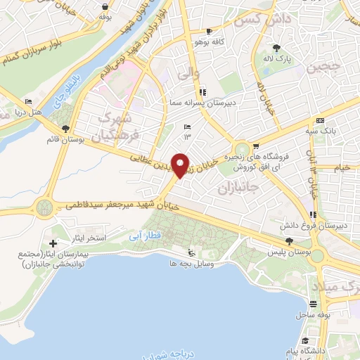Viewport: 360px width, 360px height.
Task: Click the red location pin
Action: [x=181, y=165]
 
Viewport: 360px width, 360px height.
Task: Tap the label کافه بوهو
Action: [x=210, y=42]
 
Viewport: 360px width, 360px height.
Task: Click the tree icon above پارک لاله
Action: [x=277, y=49]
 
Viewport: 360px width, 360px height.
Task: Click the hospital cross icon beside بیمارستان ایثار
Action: [x=53, y=243]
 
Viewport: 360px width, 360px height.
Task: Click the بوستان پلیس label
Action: [x=292, y=251]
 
